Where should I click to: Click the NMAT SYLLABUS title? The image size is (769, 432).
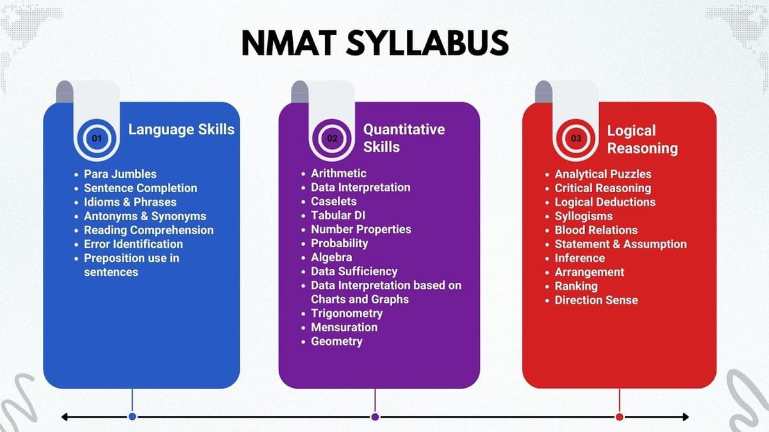pos(375,43)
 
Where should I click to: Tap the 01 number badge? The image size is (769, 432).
pos(97,138)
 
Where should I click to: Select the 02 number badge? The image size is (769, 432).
pos(332,138)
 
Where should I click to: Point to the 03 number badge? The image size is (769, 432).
pos(575,138)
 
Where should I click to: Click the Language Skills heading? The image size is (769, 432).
pos(181,129)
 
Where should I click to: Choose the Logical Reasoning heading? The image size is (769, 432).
pos(642,140)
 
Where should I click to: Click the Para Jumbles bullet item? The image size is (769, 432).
pos(120,174)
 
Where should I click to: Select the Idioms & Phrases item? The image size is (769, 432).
pos(130,202)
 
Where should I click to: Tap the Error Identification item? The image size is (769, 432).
pos(133,244)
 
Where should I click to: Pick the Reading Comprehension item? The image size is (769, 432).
pos(149,230)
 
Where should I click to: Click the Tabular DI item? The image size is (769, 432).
pos(338,215)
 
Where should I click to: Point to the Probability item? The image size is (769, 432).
pos(339,243)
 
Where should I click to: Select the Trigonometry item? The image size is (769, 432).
pos(347,314)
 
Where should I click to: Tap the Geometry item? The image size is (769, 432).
pos(336,342)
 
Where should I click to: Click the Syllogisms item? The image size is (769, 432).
pos(584,216)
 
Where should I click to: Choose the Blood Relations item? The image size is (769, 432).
pos(596,230)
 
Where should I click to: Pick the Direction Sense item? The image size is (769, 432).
pos(597,300)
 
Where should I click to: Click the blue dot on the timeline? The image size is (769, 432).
pos(132,417)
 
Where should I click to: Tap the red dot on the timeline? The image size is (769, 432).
pos(619,417)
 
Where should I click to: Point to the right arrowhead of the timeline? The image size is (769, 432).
pos(686,417)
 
